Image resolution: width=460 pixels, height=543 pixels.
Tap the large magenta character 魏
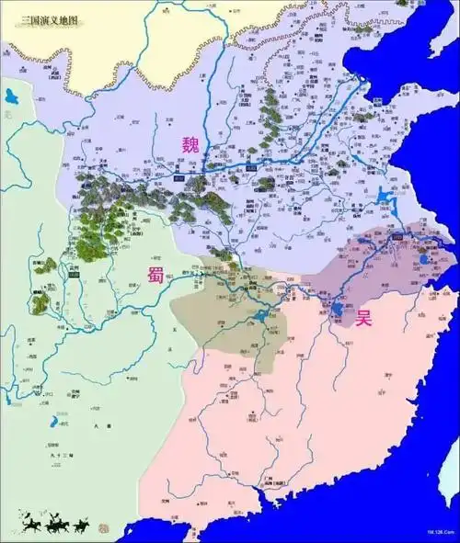pos(190,143)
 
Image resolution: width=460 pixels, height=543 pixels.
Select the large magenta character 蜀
pos(154,277)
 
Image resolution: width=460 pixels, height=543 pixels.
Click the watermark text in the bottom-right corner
pos(439,532)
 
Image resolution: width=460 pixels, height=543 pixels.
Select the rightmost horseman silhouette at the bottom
pos(84,525)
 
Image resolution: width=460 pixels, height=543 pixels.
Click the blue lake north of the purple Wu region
pos(381,196)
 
